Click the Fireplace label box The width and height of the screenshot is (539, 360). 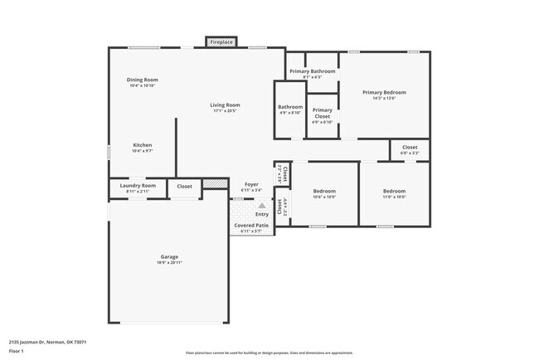click(221, 41)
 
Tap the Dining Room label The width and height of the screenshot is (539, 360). click(143, 80)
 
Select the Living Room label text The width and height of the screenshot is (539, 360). click(225, 105)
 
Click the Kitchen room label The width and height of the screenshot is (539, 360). click(143, 145)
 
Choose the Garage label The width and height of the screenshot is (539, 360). click(169, 256)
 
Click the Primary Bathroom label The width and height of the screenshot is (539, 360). click(312, 71)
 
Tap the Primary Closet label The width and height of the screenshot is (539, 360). click(322, 113)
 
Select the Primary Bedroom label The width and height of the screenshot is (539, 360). click(384, 92)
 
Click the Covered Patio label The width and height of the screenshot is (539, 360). click(250, 225)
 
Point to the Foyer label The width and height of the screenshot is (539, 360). click(251, 184)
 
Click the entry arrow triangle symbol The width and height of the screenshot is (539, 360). click(261, 204)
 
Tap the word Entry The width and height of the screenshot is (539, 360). click(261, 214)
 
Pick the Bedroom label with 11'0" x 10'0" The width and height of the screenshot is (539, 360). click(394, 191)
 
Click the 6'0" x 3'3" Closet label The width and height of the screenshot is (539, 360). click(410, 147)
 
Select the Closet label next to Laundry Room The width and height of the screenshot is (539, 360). click(184, 186)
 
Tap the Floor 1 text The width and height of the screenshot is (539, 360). click(16, 351)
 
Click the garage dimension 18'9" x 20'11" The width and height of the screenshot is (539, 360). click(169, 262)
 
